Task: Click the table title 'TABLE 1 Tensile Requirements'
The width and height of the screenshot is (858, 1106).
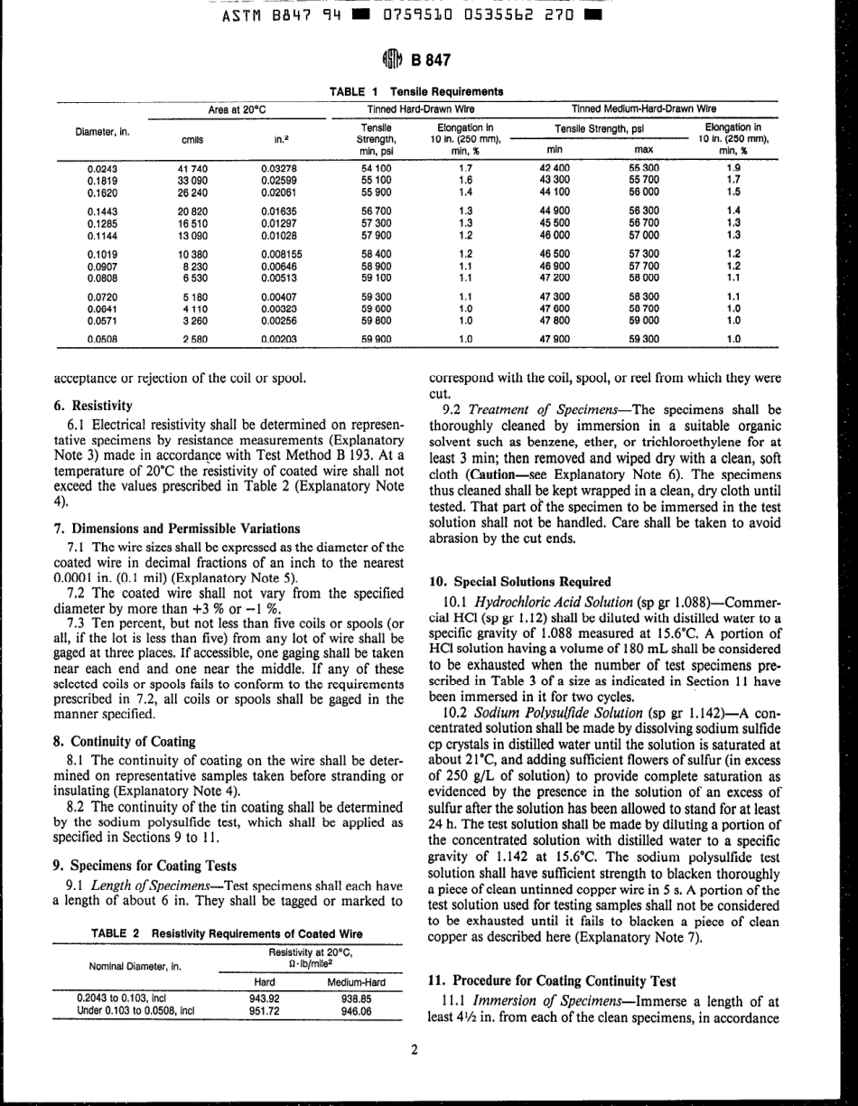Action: tap(416, 91)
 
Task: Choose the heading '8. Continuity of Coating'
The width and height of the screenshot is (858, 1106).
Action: tap(125, 742)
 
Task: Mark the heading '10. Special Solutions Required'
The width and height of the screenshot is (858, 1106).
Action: tap(518, 581)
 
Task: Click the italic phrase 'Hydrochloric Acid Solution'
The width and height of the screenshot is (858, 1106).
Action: tap(539, 601)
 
